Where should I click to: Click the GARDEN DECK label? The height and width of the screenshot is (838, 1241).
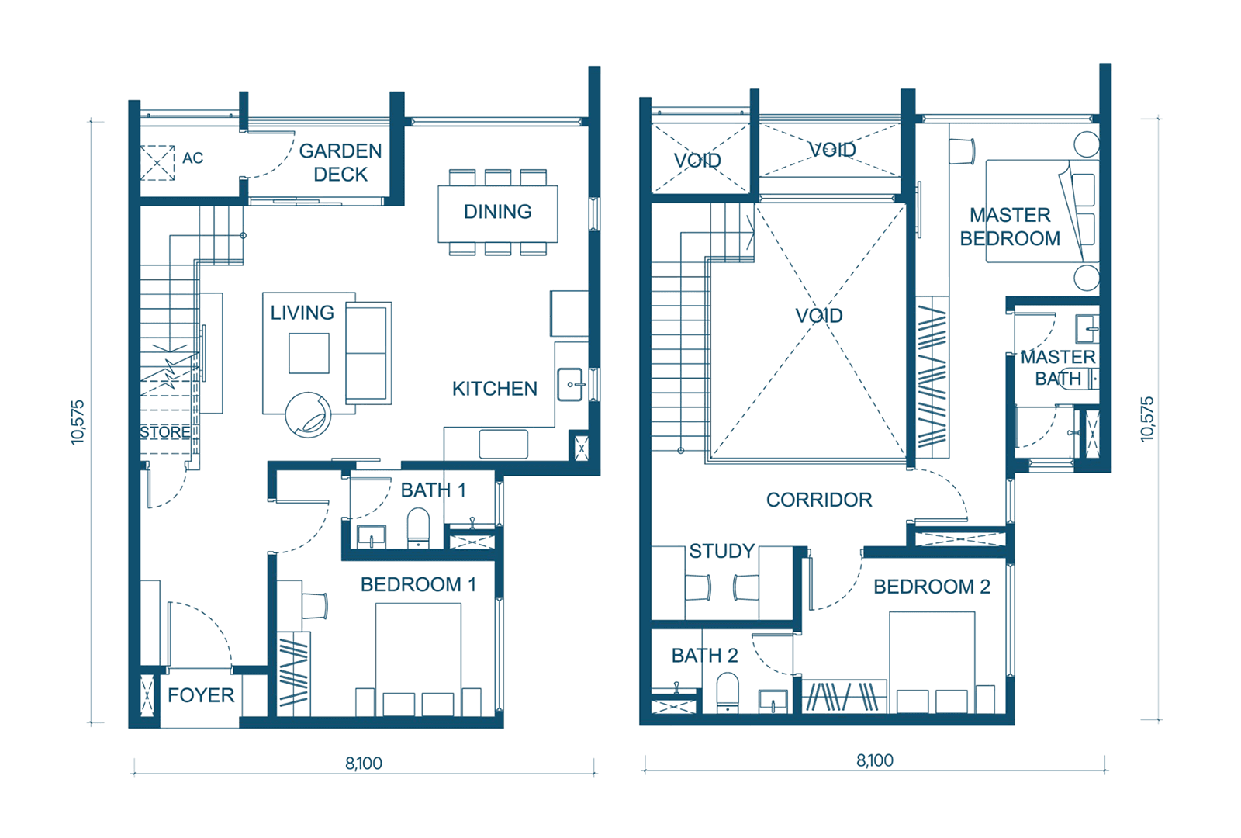(340, 162)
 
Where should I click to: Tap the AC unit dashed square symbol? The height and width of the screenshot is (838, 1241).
(157, 163)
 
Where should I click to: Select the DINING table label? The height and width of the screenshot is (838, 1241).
(497, 212)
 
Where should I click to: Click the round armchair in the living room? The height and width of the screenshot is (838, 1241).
(309, 415)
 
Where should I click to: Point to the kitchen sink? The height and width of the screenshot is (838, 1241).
(570, 384)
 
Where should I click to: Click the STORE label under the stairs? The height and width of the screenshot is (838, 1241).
(165, 432)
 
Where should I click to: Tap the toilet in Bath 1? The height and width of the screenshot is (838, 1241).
(418, 528)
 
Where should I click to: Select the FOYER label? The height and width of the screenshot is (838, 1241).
(201, 695)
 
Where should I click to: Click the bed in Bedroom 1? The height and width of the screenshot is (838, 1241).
(418, 660)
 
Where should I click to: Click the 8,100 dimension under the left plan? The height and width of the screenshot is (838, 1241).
(364, 764)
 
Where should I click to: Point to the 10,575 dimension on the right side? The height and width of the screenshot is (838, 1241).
(1147, 420)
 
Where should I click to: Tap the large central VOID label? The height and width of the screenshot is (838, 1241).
(819, 316)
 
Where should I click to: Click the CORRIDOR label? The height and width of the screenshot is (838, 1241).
(819, 500)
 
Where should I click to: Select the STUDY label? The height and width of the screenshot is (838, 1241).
(722, 551)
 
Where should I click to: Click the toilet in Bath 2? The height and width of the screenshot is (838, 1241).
(728, 691)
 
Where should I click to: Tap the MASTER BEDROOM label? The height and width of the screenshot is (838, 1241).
(1010, 227)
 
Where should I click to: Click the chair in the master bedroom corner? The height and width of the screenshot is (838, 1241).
(962, 151)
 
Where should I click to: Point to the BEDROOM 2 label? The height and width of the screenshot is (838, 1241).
(932, 587)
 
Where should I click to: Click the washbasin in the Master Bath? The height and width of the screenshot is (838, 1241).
(1087, 329)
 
